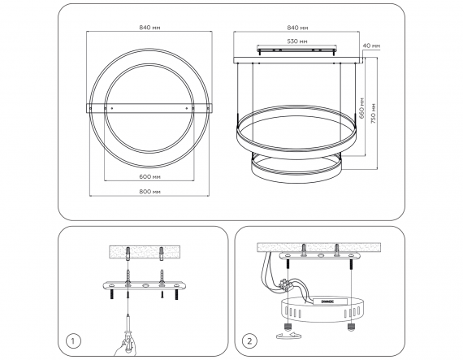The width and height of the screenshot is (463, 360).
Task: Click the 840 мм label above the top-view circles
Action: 149,28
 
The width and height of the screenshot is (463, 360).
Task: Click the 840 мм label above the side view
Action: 297,28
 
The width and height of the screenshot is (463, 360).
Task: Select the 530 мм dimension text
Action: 296,41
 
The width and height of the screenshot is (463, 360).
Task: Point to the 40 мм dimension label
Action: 371,46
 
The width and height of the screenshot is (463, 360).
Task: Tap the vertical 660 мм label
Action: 362,108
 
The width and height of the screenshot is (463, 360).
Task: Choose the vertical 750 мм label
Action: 374,114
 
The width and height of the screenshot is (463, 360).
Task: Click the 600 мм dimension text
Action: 149,176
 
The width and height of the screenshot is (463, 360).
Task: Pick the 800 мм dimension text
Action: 149,192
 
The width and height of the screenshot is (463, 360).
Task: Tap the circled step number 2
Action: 249,341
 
